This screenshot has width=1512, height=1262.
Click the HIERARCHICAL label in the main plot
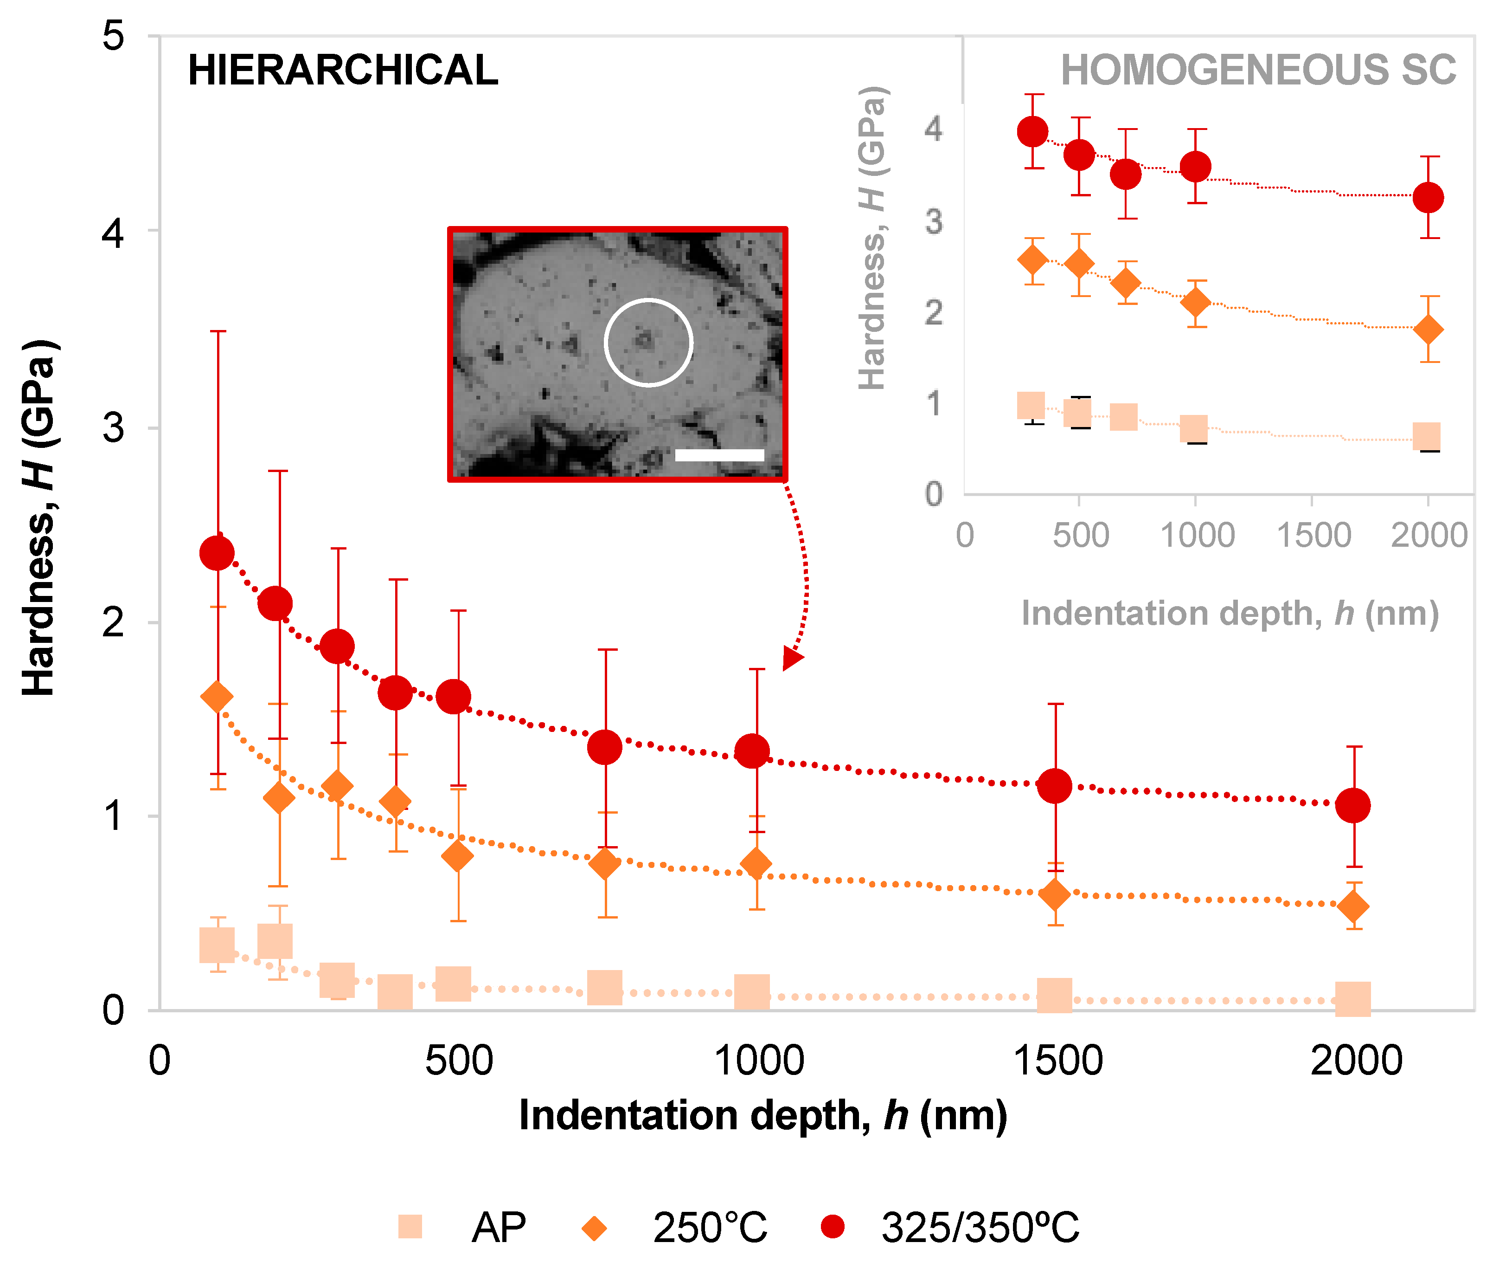(343, 71)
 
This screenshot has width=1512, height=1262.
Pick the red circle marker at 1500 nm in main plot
(1054, 786)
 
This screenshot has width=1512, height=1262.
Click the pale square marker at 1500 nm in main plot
(1054, 996)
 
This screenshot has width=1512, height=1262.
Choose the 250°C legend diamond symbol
(594, 1227)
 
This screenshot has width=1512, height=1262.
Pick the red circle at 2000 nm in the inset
(1428, 197)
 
